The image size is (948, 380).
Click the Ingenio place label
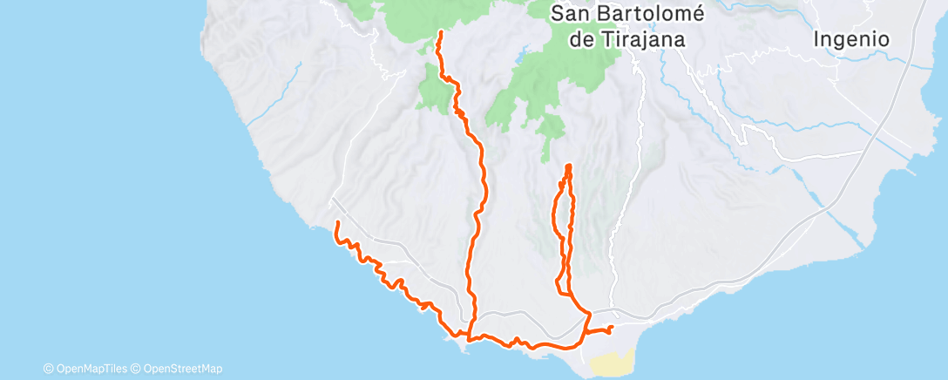(x=850, y=39)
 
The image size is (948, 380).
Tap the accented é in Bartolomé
(x=704, y=14)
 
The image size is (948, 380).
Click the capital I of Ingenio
(x=817, y=39)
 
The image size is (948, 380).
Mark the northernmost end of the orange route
(x=440, y=32)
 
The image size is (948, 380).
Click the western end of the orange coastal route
(x=337, y=224)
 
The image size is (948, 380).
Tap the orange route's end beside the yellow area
(x=612, y=328)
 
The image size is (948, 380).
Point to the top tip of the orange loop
(x=568, y=166)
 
